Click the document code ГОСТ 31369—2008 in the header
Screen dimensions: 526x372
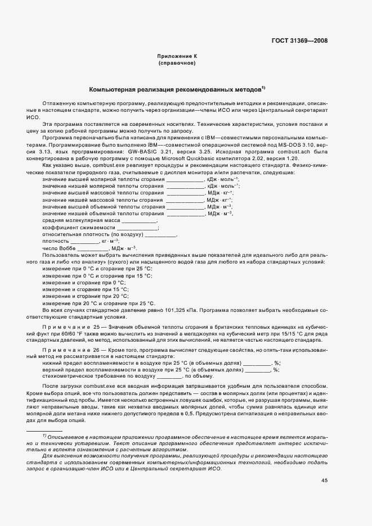(x=299, y=40)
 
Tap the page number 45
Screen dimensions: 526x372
(x=324, y=480)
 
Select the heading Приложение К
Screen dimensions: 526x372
(x=177, y=57)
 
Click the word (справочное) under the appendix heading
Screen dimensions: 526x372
(x=177, y=64)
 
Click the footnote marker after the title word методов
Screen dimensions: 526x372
(x=263, y=88)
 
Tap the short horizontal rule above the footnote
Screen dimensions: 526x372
(x=44, y=430)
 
